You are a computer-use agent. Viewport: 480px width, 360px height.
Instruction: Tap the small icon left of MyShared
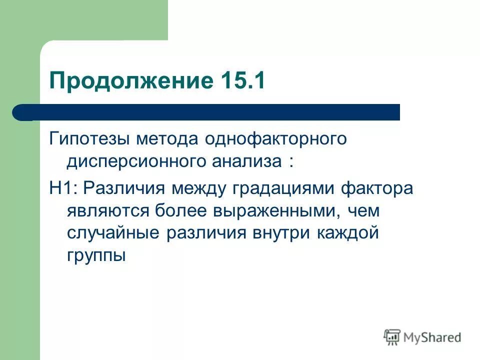tap(392, 336)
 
